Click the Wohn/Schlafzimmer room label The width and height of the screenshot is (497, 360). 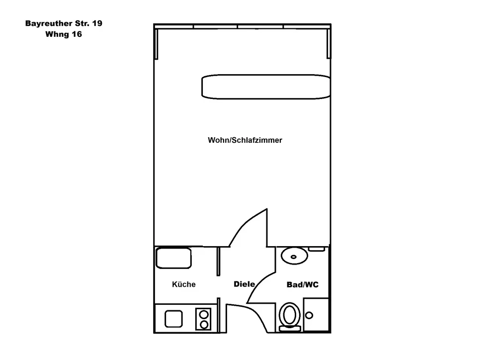245,140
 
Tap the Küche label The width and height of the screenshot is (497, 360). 183,284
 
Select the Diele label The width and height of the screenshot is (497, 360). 244,284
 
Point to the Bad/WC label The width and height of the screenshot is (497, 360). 302,285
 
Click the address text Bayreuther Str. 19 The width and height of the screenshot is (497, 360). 64,23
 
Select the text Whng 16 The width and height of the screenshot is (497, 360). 63,34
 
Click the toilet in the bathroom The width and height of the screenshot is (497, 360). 289,314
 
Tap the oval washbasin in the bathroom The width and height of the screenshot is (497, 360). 294,256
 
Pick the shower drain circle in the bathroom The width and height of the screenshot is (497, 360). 309,315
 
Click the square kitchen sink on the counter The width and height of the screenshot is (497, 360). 173,318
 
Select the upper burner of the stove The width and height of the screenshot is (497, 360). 204,314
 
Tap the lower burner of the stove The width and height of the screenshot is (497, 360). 204,324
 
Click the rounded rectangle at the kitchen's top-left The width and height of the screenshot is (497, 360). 173,258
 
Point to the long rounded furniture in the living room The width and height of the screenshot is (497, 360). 265,87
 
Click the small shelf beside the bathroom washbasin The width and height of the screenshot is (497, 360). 317,249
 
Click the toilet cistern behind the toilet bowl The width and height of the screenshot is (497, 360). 289,328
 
